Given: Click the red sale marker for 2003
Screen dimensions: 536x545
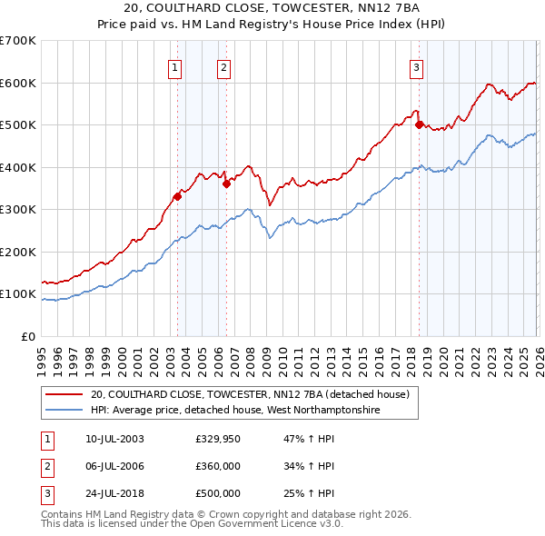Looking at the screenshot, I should pyautogui.click(x=178, y=196).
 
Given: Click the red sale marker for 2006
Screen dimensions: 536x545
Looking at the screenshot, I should pyautogui.click(x=226, y=184).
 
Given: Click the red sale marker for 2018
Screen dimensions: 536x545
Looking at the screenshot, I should pyautogui.click(x=419, y=125).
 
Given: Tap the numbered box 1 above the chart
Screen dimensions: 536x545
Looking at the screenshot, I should pyautogui.click(x=174, y=66).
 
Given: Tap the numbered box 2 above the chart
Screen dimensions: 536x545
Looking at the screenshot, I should pyautogui.click(x=223, y=66).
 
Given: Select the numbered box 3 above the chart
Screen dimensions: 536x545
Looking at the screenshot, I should pyautogui.click(x=416, y=66).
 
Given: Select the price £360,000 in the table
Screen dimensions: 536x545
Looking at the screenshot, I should pyautogui.click(x=218, y=466).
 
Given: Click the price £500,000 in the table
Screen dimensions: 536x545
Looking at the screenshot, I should pyautogui.click(x=218, y=493).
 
